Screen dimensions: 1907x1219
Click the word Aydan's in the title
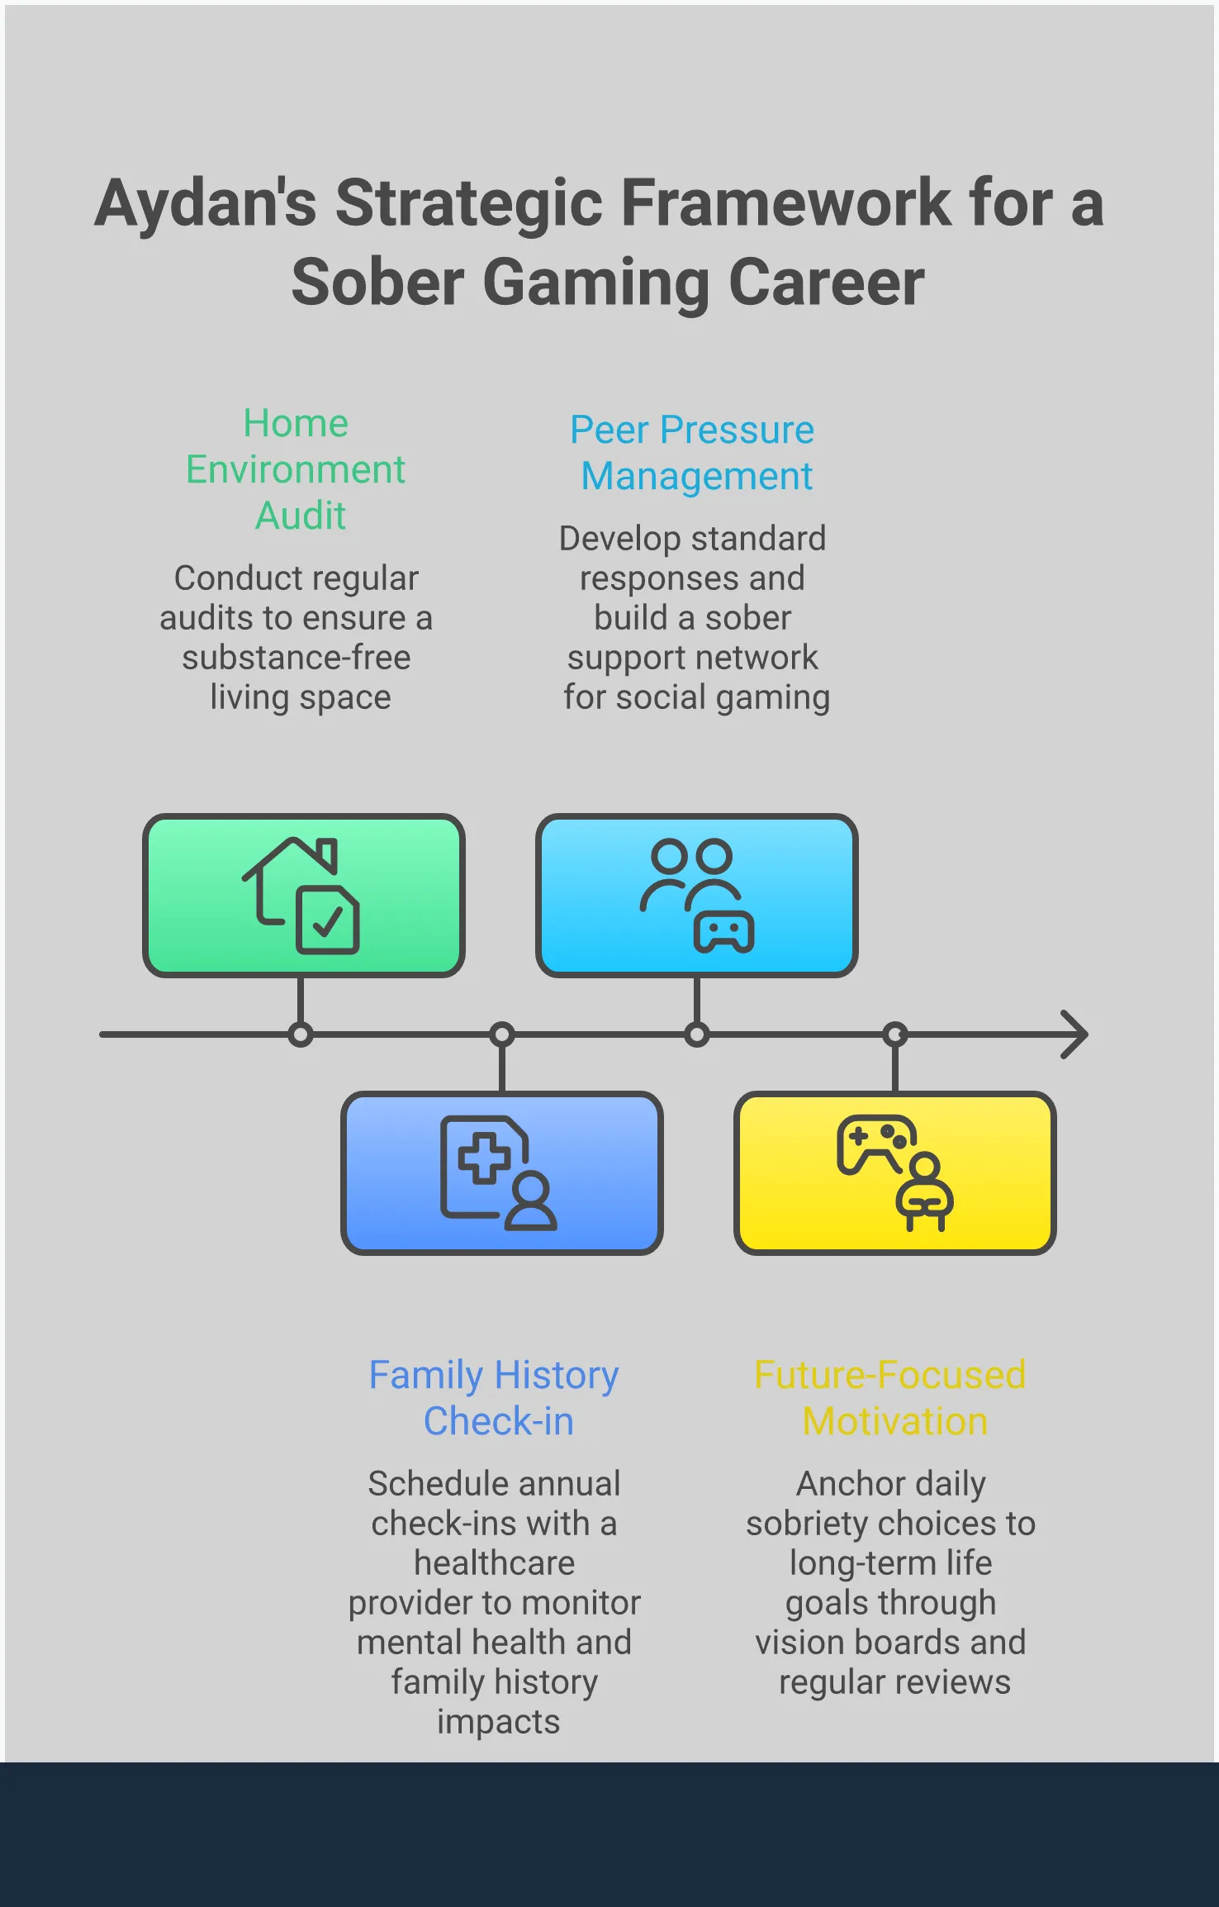[x=206, y=203]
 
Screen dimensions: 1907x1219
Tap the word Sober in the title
[x=377, y=283]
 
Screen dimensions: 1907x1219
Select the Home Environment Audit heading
[x=296, y=469]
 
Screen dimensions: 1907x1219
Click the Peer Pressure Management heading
[x=693, y=453]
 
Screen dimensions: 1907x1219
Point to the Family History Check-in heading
[x=494, y=1398]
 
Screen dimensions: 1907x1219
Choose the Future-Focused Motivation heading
[x=890, y=1398]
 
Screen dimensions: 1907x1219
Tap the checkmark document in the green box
[x=328, y=920]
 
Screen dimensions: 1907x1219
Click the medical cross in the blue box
[x=483, y=1158]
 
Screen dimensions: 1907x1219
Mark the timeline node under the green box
[x=301, y=1034]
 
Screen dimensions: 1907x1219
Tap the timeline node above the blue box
[x=502, y=1034]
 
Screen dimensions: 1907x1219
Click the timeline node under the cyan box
[x=697, y=1034]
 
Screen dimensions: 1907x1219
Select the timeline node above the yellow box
[x=895, y=1034]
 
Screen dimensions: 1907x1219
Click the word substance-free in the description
[x=296, y=658]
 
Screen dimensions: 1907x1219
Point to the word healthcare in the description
[x=494, y=1563]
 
